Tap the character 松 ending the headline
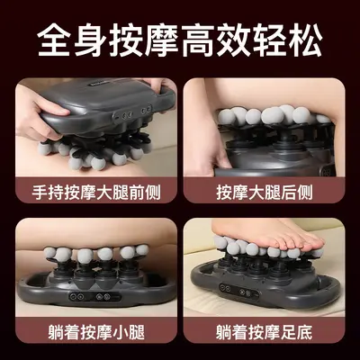click(306, 41)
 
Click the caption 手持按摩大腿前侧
click(96, 193)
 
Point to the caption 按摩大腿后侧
click(265, 193)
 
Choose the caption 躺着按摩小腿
click(96, 332)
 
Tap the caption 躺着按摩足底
click(265, 332)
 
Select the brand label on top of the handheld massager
click(97, 85)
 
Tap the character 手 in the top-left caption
click(40, 193)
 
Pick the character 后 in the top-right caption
click(289, 193)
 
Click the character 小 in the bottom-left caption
click(121, 332)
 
